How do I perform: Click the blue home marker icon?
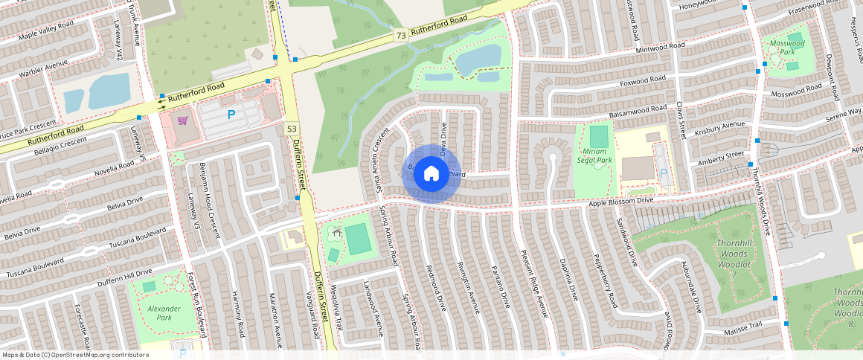(431, 174)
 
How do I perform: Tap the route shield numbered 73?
(401, 35)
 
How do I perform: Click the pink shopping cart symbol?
(182, 120)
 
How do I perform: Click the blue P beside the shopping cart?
(231, 115)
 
